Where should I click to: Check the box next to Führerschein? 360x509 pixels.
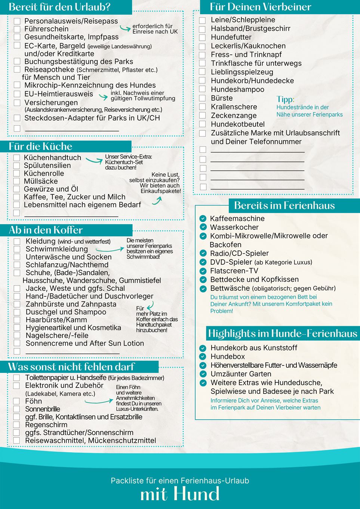(x=17, y=29)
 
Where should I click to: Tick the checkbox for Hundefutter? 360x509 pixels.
(x=203, y=37)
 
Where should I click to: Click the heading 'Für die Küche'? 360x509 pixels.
(x=40, y=146)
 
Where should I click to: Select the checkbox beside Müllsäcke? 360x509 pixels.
(x=16, y=181)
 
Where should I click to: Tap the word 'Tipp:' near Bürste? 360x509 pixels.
(x=285, y=99)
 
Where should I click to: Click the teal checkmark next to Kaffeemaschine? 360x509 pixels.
(x=203, y=219)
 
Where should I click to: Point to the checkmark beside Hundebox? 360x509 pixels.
(x=203, y=357)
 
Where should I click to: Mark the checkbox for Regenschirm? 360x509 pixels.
(x=16, y=425)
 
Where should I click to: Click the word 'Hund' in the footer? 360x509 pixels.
(x=199, y=494)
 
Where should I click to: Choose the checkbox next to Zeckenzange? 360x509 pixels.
(x=203, y=115)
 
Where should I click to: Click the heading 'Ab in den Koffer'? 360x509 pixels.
(x=46, y=230)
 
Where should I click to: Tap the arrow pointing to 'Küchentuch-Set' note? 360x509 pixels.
(x=94, y=160)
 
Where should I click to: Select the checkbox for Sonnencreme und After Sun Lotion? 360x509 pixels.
(x=17, y=343)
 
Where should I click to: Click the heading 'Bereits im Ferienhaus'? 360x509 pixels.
(x=284, y=205)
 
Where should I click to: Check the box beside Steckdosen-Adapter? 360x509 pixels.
(x=17, y=118)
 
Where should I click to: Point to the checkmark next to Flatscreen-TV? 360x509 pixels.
(x=203, y=271)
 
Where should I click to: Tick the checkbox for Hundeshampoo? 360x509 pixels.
(x=203, y=89)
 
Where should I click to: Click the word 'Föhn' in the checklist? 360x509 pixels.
(x=34, y=401)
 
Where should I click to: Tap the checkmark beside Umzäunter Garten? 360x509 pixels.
(x=203, y=374)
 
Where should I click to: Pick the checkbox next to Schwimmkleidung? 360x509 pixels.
(x=17, y=249)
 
